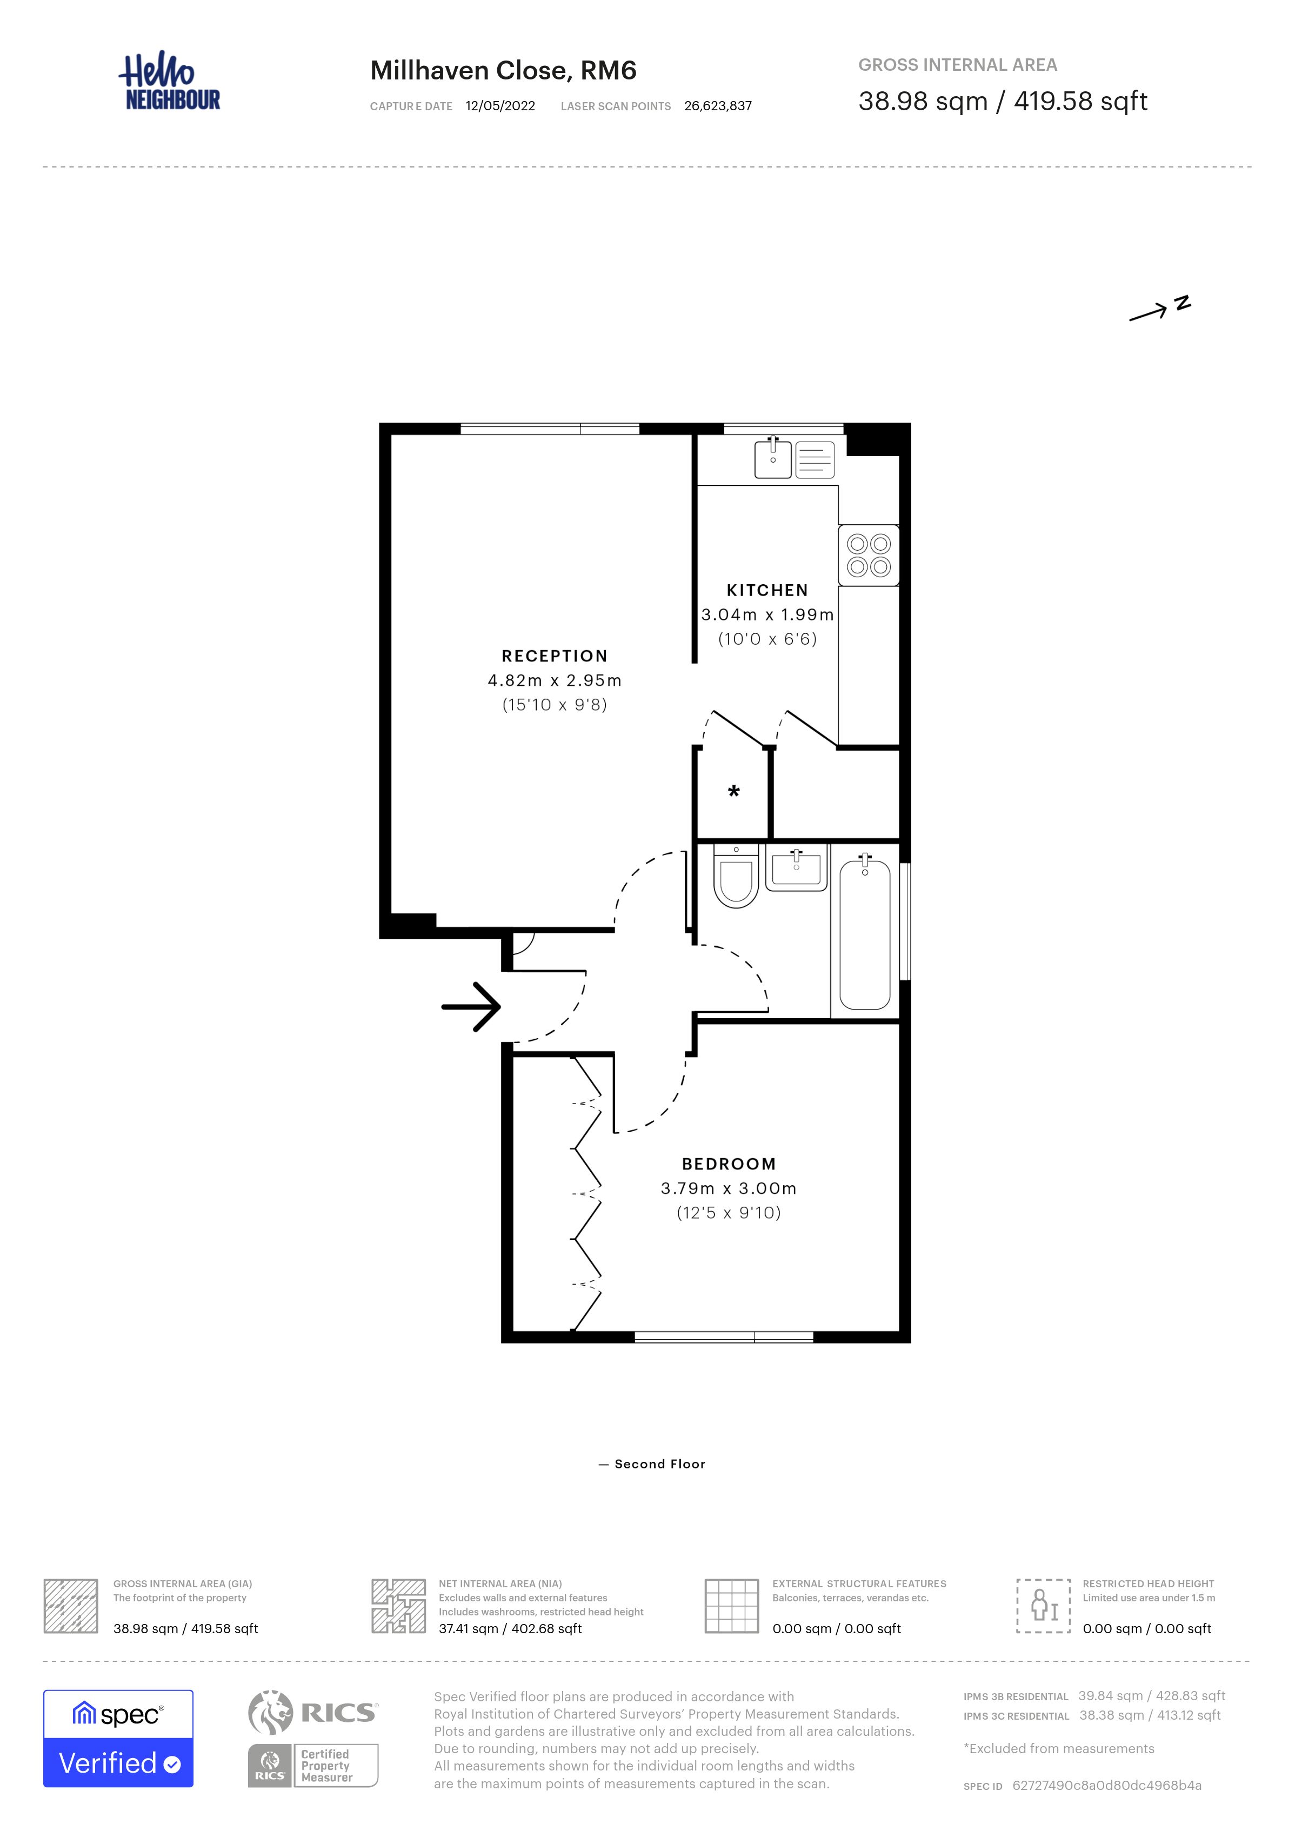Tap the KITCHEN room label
coord(767,590)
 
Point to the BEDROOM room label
coord(729,1164)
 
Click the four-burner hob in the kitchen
coord(869,555)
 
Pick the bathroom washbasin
coord(796,867)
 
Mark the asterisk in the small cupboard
coord(733,791)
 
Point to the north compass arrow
coord(1149,313)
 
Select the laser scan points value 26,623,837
coord(718,106)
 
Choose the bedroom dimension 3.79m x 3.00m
coord(728,1188)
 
